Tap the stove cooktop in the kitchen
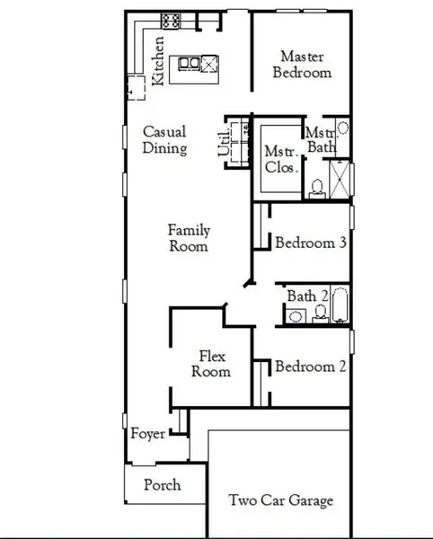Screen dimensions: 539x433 (171, 20)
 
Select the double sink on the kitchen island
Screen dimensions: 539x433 (190, 63)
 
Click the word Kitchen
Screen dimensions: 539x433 (159, 60)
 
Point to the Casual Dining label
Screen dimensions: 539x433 (164, 140)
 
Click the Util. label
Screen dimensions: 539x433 (225, 142)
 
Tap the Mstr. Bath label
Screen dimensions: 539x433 (322, 138)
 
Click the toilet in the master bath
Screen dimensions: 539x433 (316, 188)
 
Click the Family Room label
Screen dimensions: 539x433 (189, 238)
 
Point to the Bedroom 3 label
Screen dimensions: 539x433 (311, 243)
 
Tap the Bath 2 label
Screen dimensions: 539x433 (307, 296)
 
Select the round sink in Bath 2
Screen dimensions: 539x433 (296, 314)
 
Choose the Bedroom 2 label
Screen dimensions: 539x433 (311, 367)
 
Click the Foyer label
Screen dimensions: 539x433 (148, 434)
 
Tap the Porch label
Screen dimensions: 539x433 (163, 485)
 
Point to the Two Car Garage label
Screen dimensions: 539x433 (280, 500)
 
